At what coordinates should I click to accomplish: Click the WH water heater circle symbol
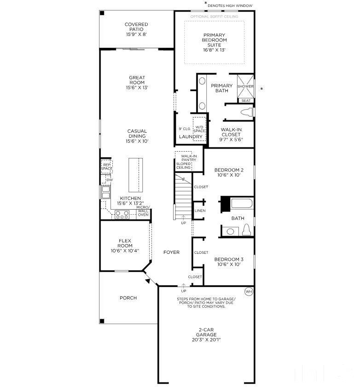tap(249, 292)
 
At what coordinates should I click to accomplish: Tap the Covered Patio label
tap(136, 29)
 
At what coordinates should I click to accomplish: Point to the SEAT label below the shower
tap(246, 100)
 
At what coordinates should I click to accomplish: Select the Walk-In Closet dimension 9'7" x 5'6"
tap(231, 140)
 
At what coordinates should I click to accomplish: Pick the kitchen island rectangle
tap(135, 175)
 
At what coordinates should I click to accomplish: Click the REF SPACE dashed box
tap(107, 166)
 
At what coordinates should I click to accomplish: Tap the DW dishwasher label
tap(109, 180)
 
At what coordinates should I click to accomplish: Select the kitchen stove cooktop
tap(122, 214)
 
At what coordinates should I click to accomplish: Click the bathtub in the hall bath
tap(242, 204)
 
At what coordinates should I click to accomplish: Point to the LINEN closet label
tap(200, 211)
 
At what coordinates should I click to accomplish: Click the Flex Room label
tap(125, 246)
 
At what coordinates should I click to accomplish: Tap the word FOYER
tap(171, 252)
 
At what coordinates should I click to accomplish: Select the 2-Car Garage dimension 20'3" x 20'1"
tap(206, 340)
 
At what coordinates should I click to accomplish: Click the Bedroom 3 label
tap(229, 262)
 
